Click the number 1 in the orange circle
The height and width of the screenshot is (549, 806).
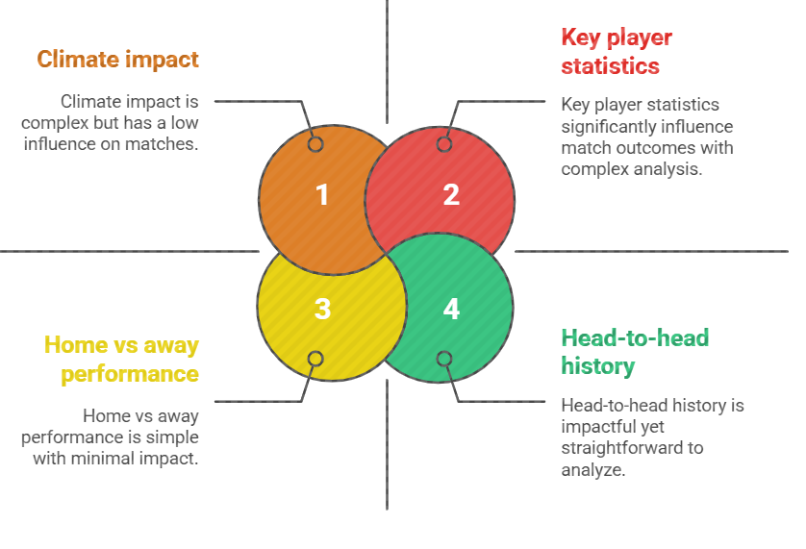(322, 195)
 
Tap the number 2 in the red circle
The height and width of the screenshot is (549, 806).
(451, 195)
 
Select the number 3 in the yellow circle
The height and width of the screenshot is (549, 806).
(322, 309)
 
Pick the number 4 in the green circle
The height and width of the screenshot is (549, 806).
(451, 309)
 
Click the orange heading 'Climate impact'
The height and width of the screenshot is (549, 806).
(117, 60)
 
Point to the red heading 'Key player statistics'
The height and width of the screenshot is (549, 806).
(616, 52)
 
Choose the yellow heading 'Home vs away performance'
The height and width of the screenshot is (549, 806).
(121, 359)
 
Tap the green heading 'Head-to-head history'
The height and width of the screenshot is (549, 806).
(634, 351)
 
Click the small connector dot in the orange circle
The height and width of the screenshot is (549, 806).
(315, 144)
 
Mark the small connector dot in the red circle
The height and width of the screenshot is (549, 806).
(444, 144)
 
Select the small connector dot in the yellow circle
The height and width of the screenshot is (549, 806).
(315, 360)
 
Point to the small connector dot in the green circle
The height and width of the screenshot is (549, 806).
(444, 360)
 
